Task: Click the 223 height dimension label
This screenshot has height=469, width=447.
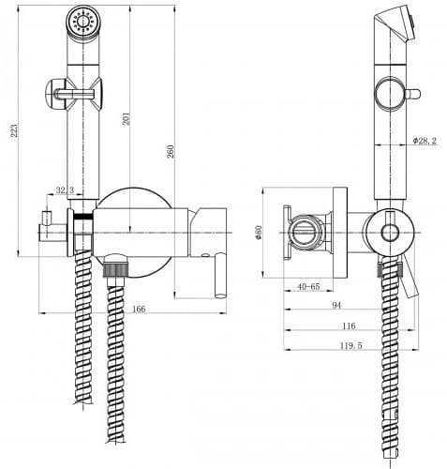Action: [x=14, y=130]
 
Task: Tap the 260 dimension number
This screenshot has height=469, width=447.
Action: [x=171, y=151]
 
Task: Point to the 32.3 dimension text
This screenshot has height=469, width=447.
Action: [x=65, y=190]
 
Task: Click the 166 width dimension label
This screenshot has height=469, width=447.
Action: [x=139, y=309]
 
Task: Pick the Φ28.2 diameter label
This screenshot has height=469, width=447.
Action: [x=425, y=141]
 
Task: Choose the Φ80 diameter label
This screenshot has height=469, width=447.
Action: [x=259, y=233]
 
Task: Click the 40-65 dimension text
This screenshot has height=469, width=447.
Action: [x=308, y=286]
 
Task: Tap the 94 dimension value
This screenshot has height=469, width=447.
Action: [x=336, y=305]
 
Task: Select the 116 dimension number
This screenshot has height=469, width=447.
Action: [x=349, y=325]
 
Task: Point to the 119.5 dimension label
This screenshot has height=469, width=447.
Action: [x=350, y=346]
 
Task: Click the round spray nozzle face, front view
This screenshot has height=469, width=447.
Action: [x=83, y=22]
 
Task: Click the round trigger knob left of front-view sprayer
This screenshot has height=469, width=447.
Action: [x=56, y=94]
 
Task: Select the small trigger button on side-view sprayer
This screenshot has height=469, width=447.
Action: [x=413, y=94]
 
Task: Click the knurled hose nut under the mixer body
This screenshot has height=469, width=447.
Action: [x=115, y=270]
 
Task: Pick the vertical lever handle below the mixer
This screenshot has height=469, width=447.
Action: [x=220, y=275]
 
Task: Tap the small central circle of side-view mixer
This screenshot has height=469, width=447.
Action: [x=390, y=233]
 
